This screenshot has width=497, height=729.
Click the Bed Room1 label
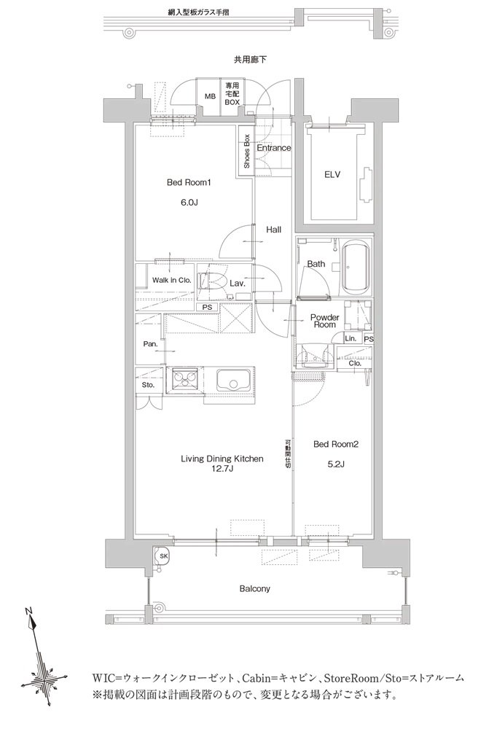189,183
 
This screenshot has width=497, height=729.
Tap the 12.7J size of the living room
222,469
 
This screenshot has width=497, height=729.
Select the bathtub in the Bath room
356,268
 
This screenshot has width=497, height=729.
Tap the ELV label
332,175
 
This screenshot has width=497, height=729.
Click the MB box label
210,96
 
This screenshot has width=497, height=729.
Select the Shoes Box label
246,151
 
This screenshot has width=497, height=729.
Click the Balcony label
254,588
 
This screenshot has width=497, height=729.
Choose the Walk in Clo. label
171,281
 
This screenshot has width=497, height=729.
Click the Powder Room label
324,321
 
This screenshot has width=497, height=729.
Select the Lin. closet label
351,338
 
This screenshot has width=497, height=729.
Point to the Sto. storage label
148,385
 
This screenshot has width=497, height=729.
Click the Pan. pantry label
150,345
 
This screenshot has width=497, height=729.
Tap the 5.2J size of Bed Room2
335,464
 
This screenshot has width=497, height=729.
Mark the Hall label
273,229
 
